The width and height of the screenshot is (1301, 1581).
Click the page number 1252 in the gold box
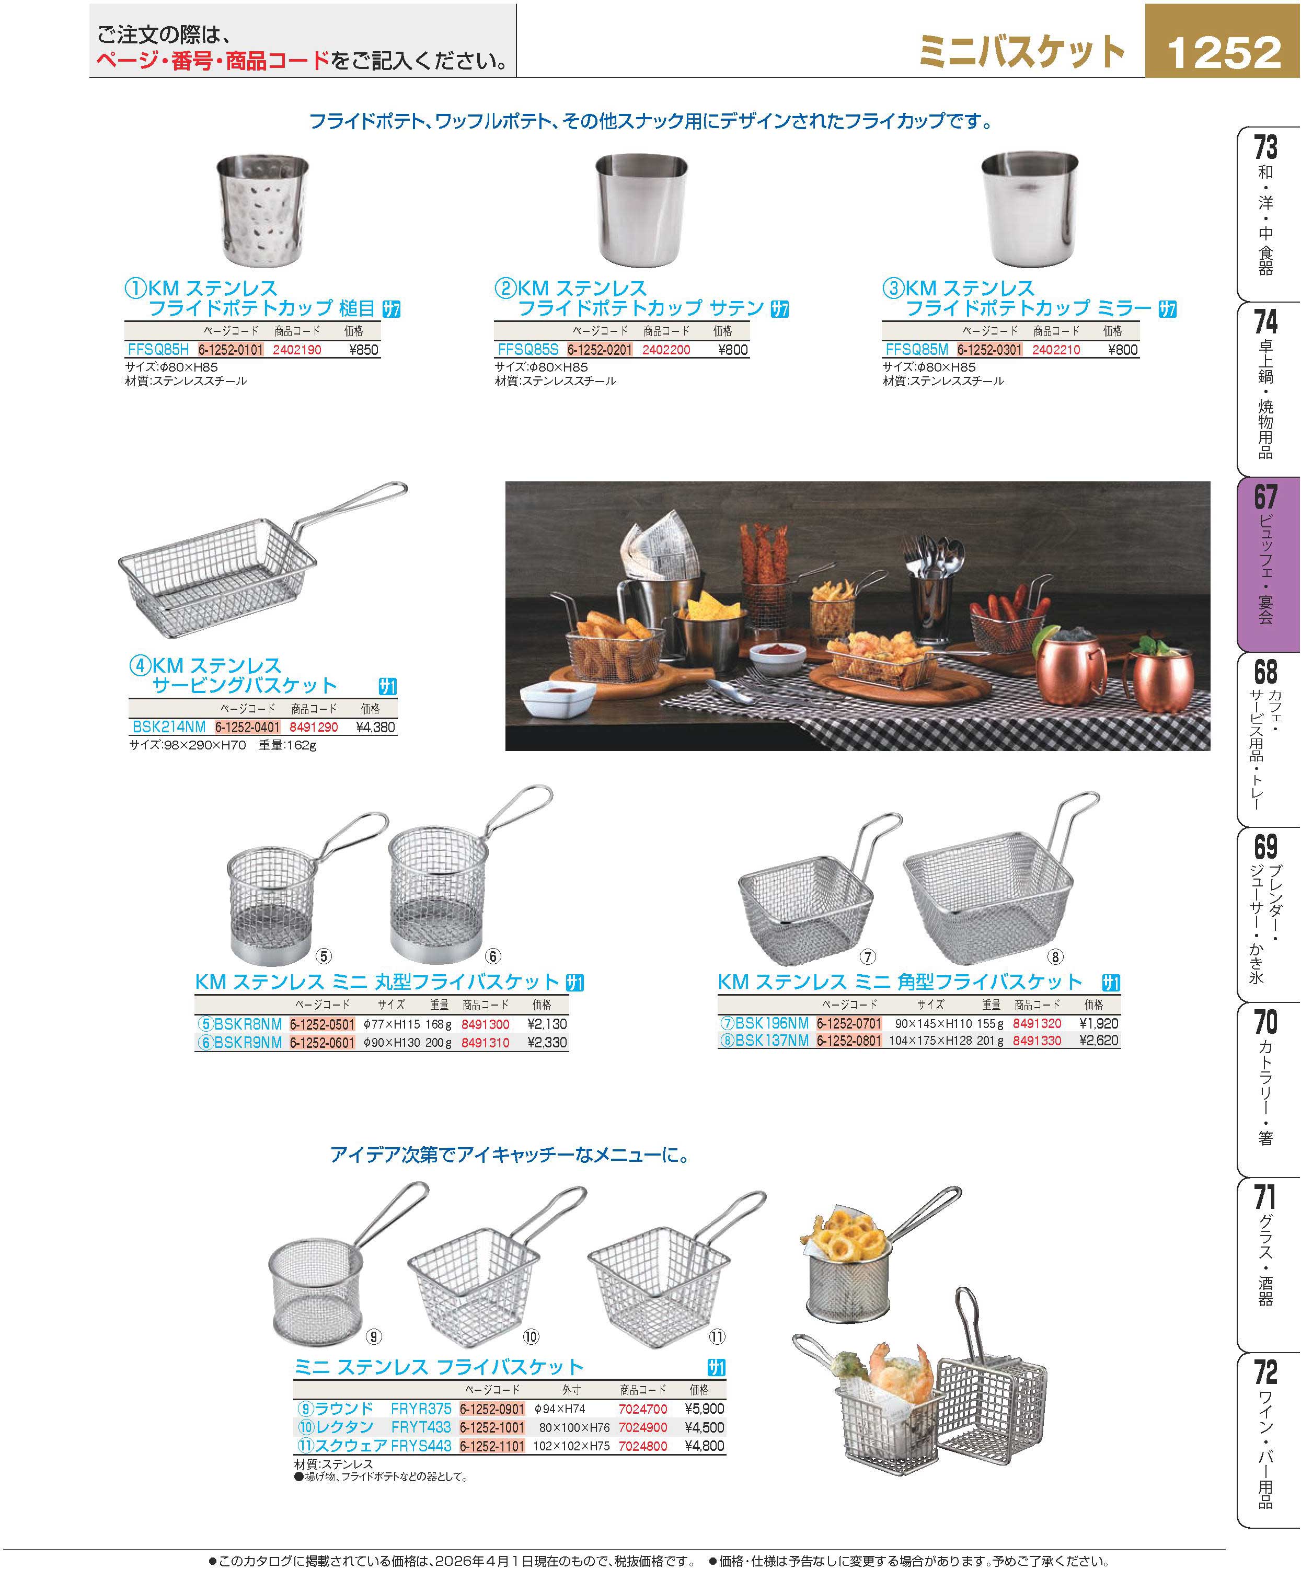click(x=1224, y=52)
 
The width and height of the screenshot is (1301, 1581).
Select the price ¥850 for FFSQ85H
click(x=364, y=350)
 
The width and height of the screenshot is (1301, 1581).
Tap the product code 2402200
click(x=666, y=350)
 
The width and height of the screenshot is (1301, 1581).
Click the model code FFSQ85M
click(x=916, y=350)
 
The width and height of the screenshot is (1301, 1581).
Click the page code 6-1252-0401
click(x=247, y=727)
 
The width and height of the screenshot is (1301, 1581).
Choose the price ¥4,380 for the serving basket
click(x=375, y=727)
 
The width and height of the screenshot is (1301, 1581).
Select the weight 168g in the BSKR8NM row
click(x=439, y=1023)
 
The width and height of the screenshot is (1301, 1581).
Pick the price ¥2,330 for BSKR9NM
click(x=547, y=1042)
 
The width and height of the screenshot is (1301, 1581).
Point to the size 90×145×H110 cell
click(x=933, y=1023)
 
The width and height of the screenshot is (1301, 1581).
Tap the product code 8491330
click(x=1037, y=1041)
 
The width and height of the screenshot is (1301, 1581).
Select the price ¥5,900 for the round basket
click(x=705, y=1409)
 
